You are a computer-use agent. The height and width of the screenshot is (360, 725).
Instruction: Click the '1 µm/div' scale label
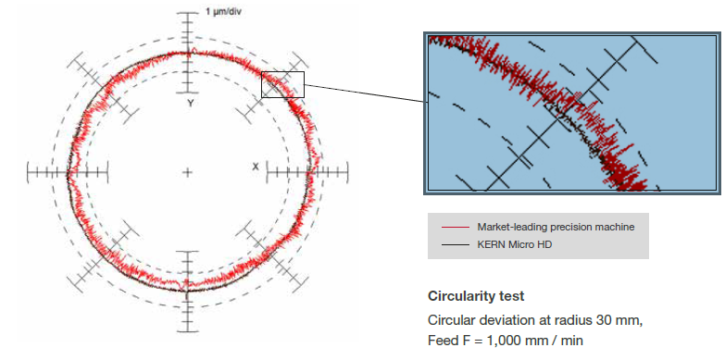223,11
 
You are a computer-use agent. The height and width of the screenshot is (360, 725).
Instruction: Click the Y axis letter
190,104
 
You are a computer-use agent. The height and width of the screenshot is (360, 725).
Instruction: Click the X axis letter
256,167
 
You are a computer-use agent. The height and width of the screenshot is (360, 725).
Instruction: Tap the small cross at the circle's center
187,173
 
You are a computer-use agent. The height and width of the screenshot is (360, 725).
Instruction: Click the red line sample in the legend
456,228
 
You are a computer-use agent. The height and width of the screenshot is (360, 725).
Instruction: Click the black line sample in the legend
456,245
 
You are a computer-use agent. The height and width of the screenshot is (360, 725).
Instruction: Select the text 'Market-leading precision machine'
556,228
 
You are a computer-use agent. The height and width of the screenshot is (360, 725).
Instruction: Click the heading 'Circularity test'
476,296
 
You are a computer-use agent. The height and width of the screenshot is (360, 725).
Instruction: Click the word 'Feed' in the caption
441,341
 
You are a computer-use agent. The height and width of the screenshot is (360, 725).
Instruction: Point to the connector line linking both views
365,93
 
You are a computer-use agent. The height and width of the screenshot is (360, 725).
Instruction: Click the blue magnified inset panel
572,113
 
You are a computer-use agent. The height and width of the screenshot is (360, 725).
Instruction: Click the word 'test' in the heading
514,296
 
